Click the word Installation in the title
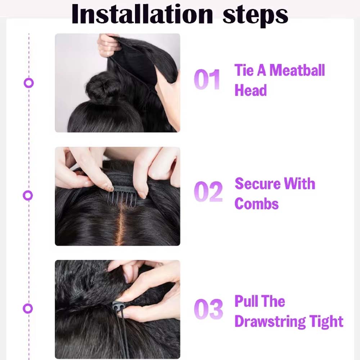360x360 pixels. [142, 14]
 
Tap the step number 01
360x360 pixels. [207, 79]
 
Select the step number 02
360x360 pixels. [208, 192]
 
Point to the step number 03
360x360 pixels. [208, 309]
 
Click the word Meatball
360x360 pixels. [297, 70]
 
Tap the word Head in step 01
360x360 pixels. [251, 90]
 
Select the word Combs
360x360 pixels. [256, 204]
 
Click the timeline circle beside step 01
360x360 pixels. [29, 79]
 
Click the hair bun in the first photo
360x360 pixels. [102, 86]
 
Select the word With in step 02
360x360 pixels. [300, 184]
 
